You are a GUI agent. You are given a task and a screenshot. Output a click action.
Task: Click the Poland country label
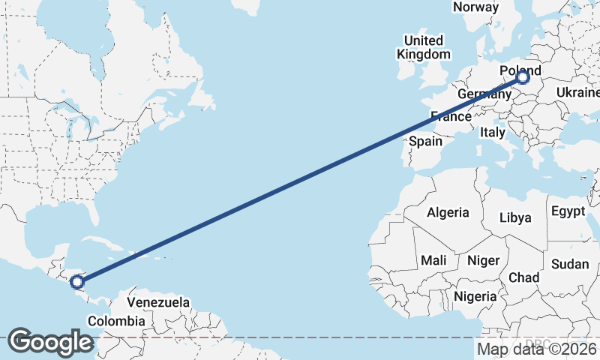(x=520, y=70)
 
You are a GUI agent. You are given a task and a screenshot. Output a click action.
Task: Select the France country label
(x=451, y=116)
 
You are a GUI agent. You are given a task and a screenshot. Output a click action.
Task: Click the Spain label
(x=425, y=141)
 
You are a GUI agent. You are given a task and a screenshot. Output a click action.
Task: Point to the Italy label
(x=493, y=132)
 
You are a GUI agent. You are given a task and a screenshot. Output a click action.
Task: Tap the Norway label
(x=475, y=7)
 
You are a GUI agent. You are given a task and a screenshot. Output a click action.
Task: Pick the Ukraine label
(x=577, y=92)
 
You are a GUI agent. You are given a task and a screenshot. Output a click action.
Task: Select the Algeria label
(x=448, y=212)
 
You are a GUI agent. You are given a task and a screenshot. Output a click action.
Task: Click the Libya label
(x=515, y=217)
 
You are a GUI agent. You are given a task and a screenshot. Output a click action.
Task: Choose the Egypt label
(x=567, y=211)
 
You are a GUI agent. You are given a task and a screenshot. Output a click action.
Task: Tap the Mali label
(x=433, y=260)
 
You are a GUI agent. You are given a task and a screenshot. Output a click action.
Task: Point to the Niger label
(x=483, y=260)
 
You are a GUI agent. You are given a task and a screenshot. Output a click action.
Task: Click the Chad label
(x=523, y=277)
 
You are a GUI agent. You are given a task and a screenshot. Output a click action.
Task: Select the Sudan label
(x=570, y=264)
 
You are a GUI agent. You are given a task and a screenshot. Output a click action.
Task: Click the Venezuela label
(x=157, y=302)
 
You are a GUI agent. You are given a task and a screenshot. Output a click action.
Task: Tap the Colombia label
(x=115, y=321)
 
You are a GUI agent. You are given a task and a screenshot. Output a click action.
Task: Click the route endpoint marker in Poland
(x=523, y=77)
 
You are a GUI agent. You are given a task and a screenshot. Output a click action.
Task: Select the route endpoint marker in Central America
(x=76, y=283)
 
